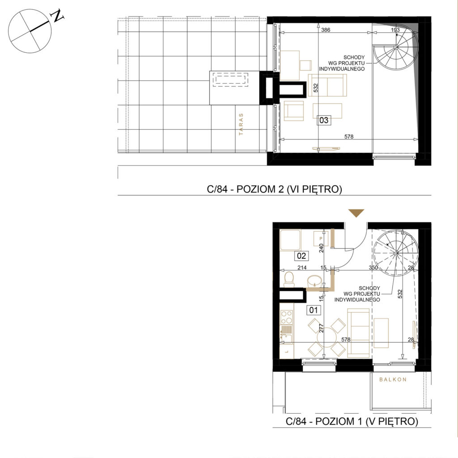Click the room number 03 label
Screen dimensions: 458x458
[324, 120]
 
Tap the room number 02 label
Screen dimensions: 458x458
[301, 256]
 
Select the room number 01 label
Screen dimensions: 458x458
[314, 310]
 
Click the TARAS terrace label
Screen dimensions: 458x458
[241, 124]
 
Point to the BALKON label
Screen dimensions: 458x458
[393, 379]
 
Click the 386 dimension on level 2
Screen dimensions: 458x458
[326, 30]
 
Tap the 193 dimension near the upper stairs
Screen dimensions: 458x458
[395, 30]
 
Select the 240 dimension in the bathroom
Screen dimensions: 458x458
[321, 248]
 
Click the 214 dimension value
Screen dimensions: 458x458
[302, 267]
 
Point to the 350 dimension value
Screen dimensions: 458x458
[373, 267]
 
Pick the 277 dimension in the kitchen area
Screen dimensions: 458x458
[321, 328]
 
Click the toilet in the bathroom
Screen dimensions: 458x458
[289, 280]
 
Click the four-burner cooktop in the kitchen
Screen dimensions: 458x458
[82, 317]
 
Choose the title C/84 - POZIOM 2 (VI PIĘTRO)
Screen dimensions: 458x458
[274, 189]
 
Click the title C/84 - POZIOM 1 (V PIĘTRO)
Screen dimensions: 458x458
[352, 421]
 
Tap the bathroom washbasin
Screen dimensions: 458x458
[314, 281]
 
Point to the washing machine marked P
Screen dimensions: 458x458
[321, 238]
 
